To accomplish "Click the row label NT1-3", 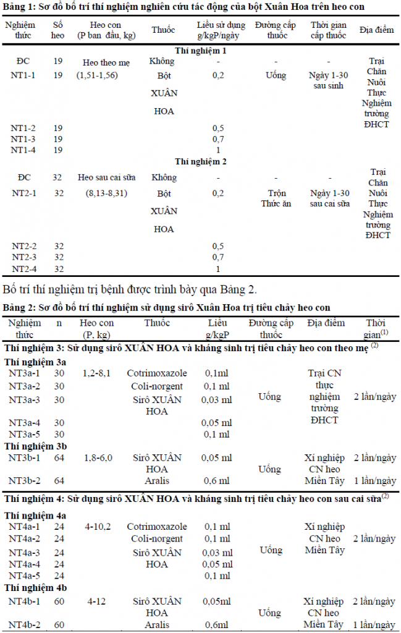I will coord(23,139).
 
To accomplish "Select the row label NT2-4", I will coord(23,269).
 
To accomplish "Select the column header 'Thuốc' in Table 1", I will coord(163,30).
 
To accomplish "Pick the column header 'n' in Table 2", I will coord(59,323).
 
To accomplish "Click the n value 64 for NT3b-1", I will coord(59,457).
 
